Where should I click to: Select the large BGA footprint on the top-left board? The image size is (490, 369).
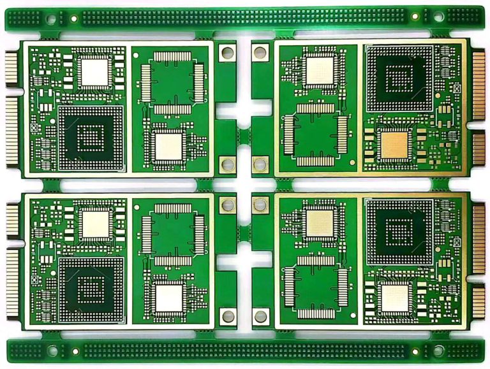tap(91, 138)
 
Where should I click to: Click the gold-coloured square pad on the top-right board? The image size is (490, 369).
tap(393, 145)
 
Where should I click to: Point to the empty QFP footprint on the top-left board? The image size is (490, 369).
tap(172, 82)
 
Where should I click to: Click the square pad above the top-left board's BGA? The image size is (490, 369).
tap(95, 71)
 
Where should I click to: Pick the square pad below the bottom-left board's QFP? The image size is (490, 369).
tap(169, 298)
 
